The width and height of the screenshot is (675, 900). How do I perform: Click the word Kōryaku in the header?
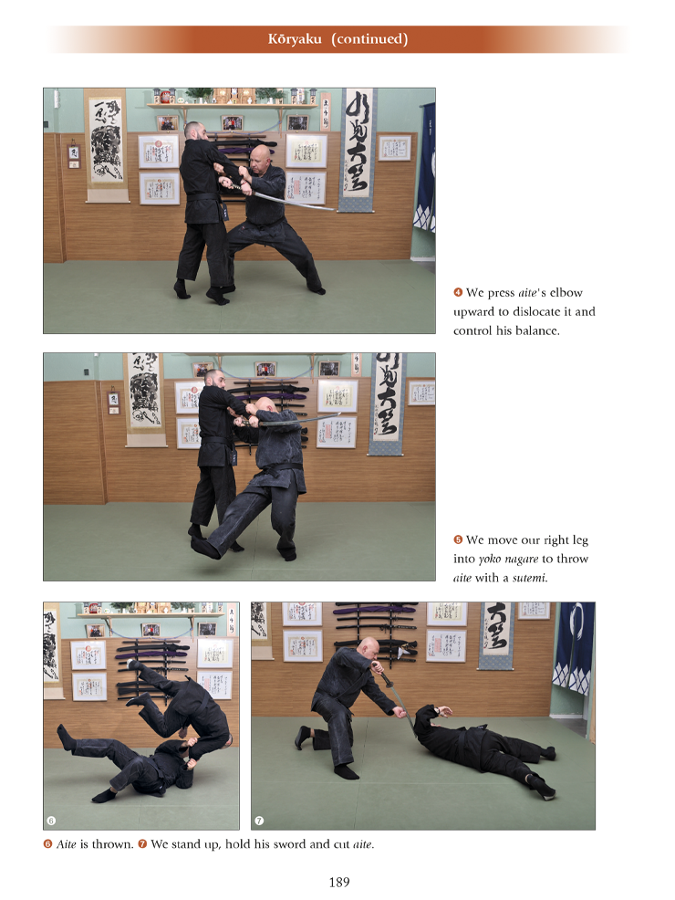pyautogui.click(x=295, y=39)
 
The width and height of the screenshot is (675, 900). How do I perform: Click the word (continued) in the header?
pyautogui.click(x=369, y=39)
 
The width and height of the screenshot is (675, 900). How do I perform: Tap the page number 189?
pyautogui.click(x=339, y=883)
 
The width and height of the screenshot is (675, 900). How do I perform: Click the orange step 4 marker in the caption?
pyautogui.click(x=458, y=292)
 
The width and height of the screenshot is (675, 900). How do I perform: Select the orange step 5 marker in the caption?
pyautogui.click(x=458, y=539)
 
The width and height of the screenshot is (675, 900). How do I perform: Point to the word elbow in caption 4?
pyautogui.click(x=566, y=292)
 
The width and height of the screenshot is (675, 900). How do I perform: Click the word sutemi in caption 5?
pyautogui.click(x=529, y=578)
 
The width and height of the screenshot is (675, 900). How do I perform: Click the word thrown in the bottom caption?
pyautogui.click(x=112, y=843)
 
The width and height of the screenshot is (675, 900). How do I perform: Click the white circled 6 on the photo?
pyautogui.click(x=51, y=821)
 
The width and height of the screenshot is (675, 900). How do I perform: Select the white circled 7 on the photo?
pyautogui.click(x=259, y=821)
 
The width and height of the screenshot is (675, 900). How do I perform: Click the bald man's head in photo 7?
pyautogui.click(x=369, y=648)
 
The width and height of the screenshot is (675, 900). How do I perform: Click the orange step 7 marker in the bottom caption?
pyautogui.click(x=142, y=843)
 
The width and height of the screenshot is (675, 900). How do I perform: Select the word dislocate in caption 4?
pyautogui.click(x=536, y=311)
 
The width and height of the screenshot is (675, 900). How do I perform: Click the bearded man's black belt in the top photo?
pyautogui.click(x=202, y=197)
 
